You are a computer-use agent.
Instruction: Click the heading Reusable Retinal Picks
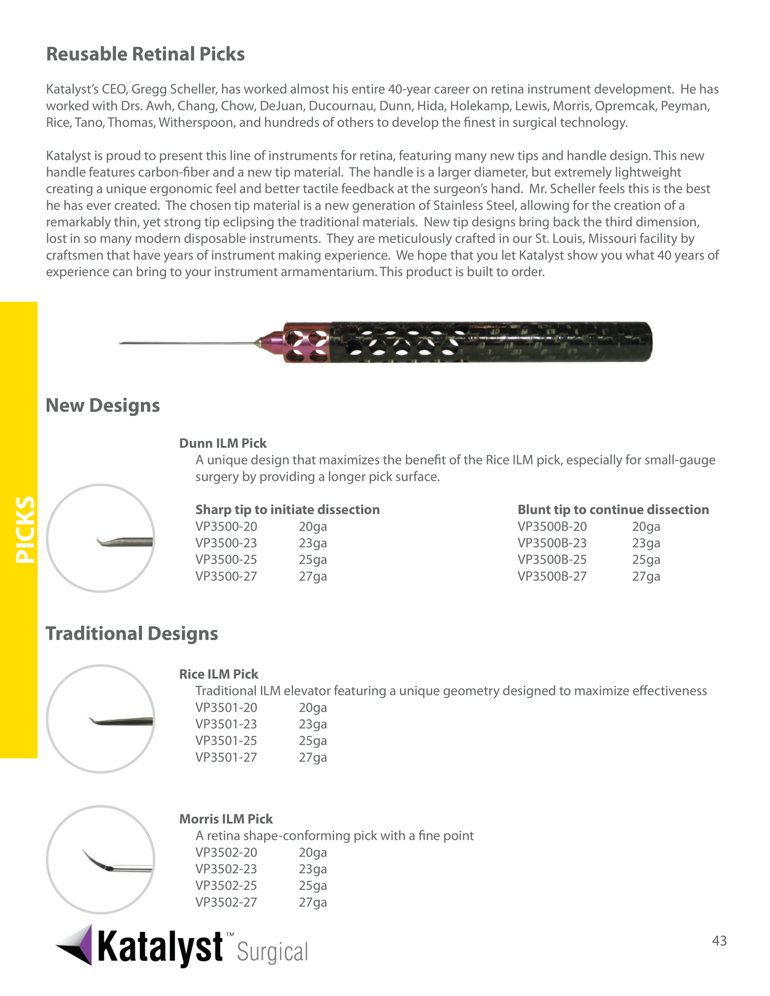(x=145, y=54)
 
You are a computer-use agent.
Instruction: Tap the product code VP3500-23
(x=226, y=543)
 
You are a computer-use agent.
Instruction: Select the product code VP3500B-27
(x=552, y=576)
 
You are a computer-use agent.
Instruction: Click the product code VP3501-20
(x=226, y=707)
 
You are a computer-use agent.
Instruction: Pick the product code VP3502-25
(x=226, y=885)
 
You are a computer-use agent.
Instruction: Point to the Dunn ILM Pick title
(x=222, y=443)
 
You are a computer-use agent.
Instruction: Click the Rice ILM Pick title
(x=218, y=674)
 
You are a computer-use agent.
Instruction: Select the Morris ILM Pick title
(x=226, y=819)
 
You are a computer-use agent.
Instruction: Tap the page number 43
(x=719, y=940)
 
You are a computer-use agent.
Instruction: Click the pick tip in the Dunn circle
(x=110, y=543)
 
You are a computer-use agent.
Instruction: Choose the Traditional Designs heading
(x=132, y=633)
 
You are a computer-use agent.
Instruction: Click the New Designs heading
(x=103, y=406)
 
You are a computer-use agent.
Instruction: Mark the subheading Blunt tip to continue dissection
(x=613, y=509)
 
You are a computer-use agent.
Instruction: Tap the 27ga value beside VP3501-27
(x=313, y=757)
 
